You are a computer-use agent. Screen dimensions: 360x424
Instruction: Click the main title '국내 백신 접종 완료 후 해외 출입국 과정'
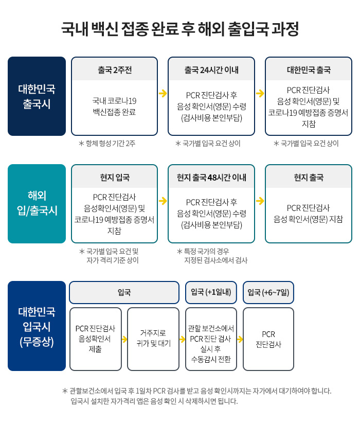[x=180, y=29]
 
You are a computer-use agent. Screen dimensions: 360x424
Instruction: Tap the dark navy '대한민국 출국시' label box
[x=37, y=96]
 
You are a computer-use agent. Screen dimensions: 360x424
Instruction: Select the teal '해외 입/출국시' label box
[x=37, y=204]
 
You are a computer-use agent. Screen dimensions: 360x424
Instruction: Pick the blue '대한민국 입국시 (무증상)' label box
[x=37, y=326]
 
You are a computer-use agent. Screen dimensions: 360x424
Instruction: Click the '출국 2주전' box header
[x=115, y=70]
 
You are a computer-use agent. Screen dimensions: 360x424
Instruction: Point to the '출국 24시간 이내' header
[x=211, y=70]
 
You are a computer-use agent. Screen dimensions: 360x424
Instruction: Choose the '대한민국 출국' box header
[x=309, y=70]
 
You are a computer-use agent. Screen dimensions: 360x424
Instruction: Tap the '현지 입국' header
[x=115, y=177]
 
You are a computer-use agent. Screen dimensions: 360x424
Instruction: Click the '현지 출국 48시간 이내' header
[x=211, y=177]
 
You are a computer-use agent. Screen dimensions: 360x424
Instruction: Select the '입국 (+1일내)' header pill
[x=211, y=292]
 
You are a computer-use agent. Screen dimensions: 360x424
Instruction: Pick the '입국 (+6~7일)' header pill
[x=268, y=292]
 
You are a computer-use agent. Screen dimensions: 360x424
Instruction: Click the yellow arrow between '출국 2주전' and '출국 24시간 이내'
[x=163, y=93]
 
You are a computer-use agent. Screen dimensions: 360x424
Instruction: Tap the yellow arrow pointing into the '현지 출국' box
[x=260, y=201]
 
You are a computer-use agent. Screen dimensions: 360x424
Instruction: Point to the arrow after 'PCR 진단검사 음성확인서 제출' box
[x=124, y=339]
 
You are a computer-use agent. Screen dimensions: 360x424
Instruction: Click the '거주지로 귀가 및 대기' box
[x=153, y=339]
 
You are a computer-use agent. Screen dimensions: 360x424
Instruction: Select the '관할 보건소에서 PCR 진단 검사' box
[x=211, y=339]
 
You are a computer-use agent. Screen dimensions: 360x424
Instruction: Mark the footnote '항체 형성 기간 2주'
[x=107, y=144]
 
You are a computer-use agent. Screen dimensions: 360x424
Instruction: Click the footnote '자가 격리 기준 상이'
[x=113, y=260]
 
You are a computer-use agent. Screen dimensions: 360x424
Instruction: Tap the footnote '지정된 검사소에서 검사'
[x=215, y=260]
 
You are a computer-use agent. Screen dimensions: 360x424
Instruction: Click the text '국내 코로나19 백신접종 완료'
[x=114, y=107]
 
